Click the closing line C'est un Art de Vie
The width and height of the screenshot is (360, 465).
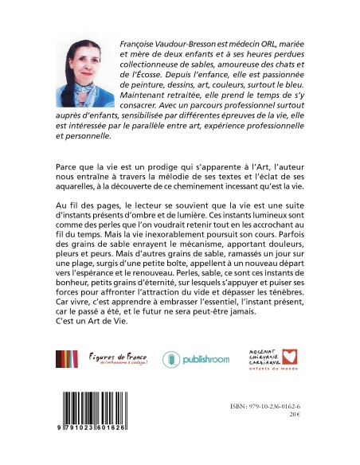[x=98, y=347]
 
